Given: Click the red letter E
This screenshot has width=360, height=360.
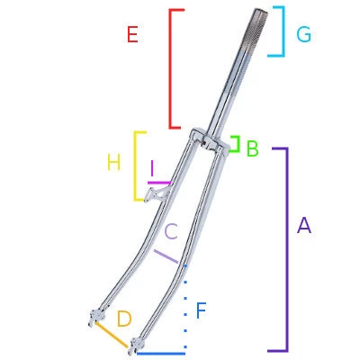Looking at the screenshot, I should (x=132, y=35).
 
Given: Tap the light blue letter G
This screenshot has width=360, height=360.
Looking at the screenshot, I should (x=303, y=34).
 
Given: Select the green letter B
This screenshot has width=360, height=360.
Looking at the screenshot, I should (x=253, y=148).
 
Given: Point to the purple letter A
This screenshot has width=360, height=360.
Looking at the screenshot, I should (x=304, y=226).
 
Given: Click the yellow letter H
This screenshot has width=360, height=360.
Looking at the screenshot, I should (x=113, y=163).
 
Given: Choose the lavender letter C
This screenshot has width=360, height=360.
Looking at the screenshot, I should (x=171, y=230).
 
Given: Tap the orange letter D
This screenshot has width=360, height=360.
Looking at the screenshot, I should (x=124, y=318).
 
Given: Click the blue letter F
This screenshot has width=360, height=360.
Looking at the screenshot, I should (x=201, y=311).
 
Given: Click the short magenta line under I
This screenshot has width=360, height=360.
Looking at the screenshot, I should (x=157, y=183).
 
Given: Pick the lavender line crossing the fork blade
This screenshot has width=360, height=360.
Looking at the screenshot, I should (x=166, y=256).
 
